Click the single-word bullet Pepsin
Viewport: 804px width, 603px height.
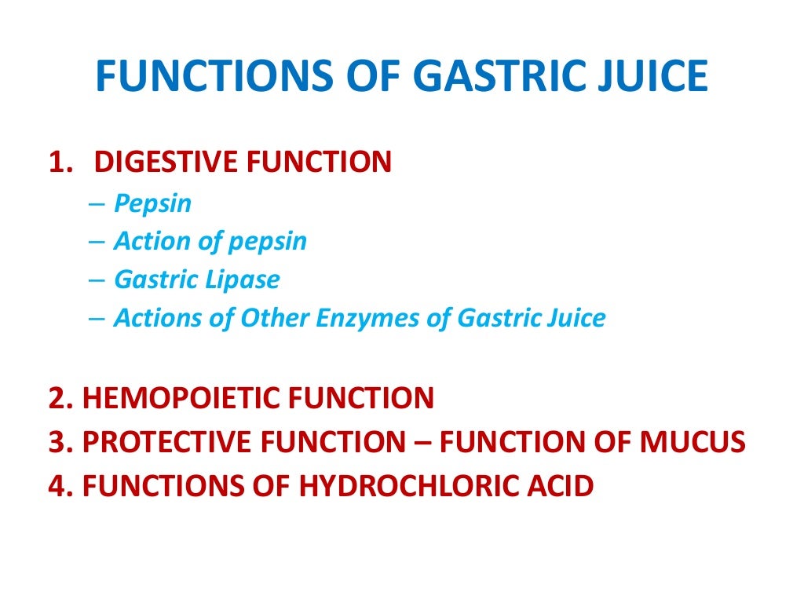point(152,203)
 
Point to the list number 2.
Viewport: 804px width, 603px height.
point(57,398)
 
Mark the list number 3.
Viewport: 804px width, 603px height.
point(57,443)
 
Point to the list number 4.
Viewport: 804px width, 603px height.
point(57,486)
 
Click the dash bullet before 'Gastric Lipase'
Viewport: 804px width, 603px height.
point(97,280)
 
